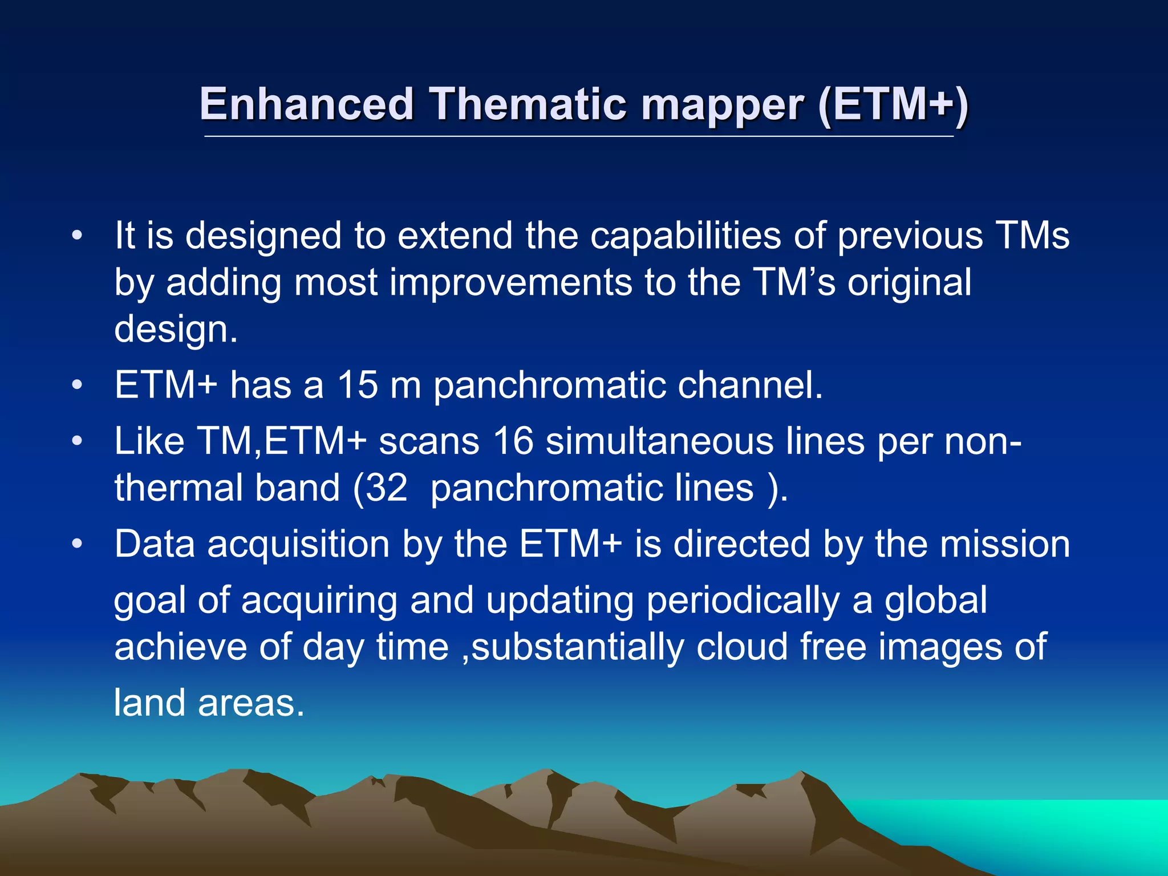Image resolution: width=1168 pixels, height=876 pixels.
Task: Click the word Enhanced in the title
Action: click(x=306, y=104)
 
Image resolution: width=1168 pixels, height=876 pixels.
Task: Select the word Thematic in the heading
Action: click(x=528, y=104)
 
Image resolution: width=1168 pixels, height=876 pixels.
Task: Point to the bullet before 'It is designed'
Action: click(x=78, y=236)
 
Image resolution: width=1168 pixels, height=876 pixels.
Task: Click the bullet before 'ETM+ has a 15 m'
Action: click(x=78, y=386)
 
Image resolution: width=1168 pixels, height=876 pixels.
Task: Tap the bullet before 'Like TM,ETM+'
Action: click(x=78, y=441)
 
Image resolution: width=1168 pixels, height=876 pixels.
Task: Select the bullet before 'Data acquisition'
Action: click(x=78, y=544)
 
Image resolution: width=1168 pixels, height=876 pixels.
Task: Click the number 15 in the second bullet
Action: click(x=357, y=385)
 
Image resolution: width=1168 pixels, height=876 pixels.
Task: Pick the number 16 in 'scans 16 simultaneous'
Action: click(x=513, y=441)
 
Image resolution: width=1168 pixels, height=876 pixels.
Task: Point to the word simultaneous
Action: click(x=659, y=441)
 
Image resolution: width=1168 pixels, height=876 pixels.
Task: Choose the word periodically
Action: click(x=743, y=601)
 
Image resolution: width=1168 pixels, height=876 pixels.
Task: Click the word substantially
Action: click(x=578, y=647)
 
